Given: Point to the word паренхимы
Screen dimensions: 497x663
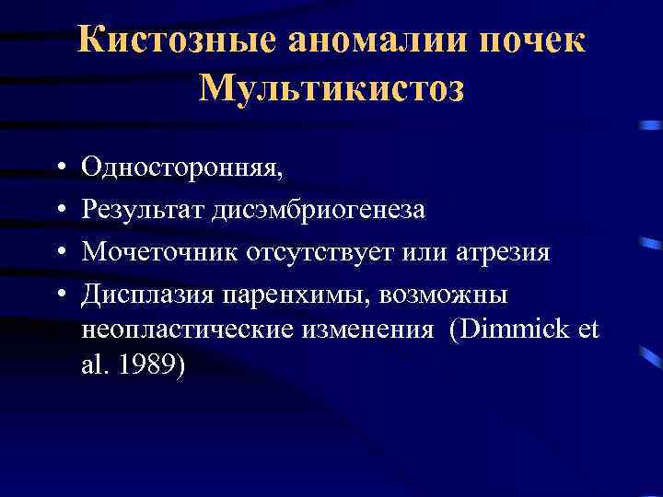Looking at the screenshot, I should click(279, 295).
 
